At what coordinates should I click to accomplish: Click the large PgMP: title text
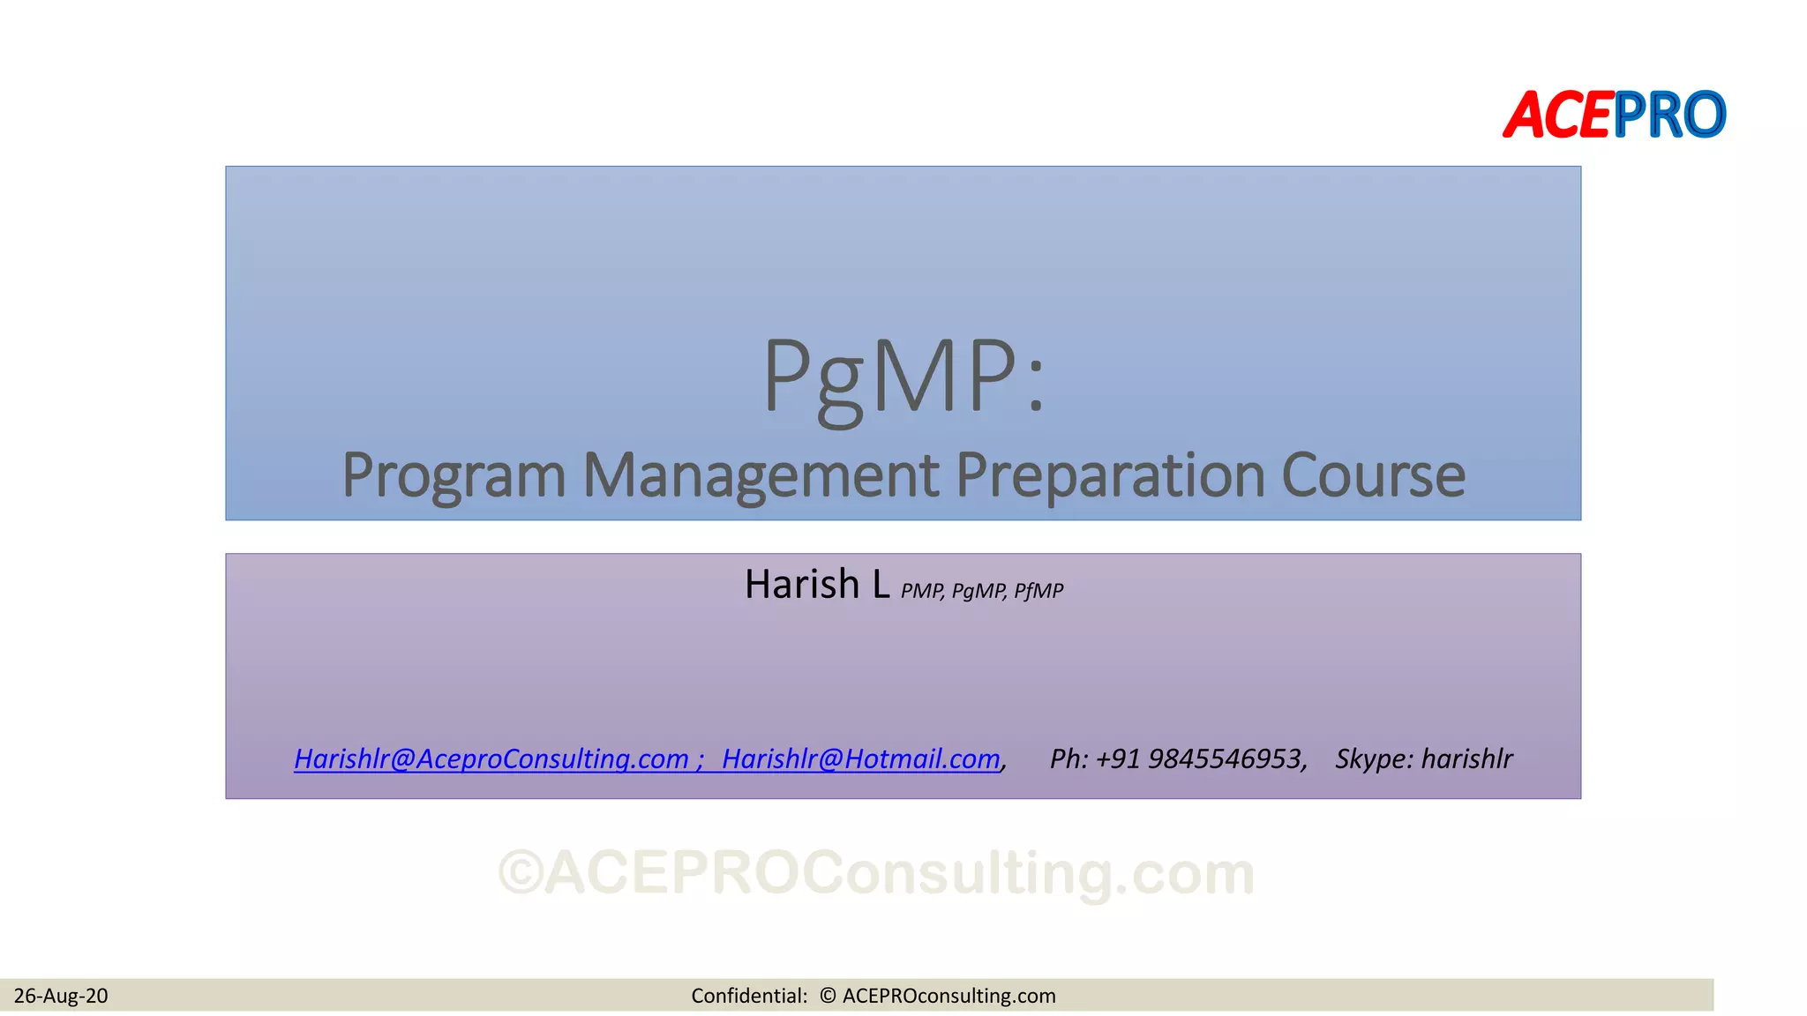(903, 377)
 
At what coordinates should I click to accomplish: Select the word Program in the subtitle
(453, 475)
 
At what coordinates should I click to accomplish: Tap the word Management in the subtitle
(760, 475)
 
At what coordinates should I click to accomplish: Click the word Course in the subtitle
(1373, 475)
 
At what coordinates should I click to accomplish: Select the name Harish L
(816, 585)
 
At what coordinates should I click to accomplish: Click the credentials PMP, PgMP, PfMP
(981, 591)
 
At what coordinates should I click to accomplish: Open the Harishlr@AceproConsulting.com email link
(491, 758)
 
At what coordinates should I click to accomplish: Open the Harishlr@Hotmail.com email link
(860, 758)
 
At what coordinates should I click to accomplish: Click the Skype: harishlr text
(1423, 758)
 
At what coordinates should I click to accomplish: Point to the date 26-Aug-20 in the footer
(61, 996)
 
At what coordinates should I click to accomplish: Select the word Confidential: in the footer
(749, 996)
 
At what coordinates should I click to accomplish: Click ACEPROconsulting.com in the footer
(948, 996)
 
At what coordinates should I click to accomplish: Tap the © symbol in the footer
(827, 996)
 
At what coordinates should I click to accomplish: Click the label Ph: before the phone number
(1068, 758)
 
